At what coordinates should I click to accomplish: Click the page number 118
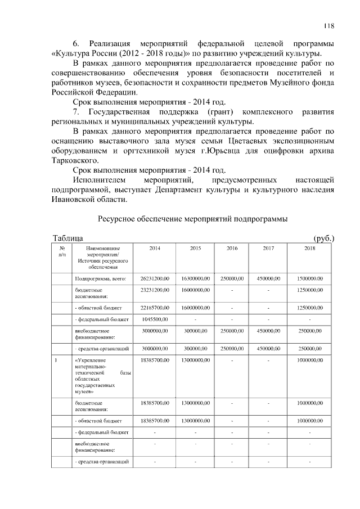pos(329,25)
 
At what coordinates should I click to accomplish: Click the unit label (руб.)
pos(323,238)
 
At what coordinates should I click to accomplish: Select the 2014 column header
pos(154,247)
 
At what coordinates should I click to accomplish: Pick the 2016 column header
pos(232,247)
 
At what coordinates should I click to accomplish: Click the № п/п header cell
pos(62,251)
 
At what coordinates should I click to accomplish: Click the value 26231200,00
pos(154,278)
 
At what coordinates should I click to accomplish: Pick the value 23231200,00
pos(154,290)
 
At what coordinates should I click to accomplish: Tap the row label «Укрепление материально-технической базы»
pos(101,376)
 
